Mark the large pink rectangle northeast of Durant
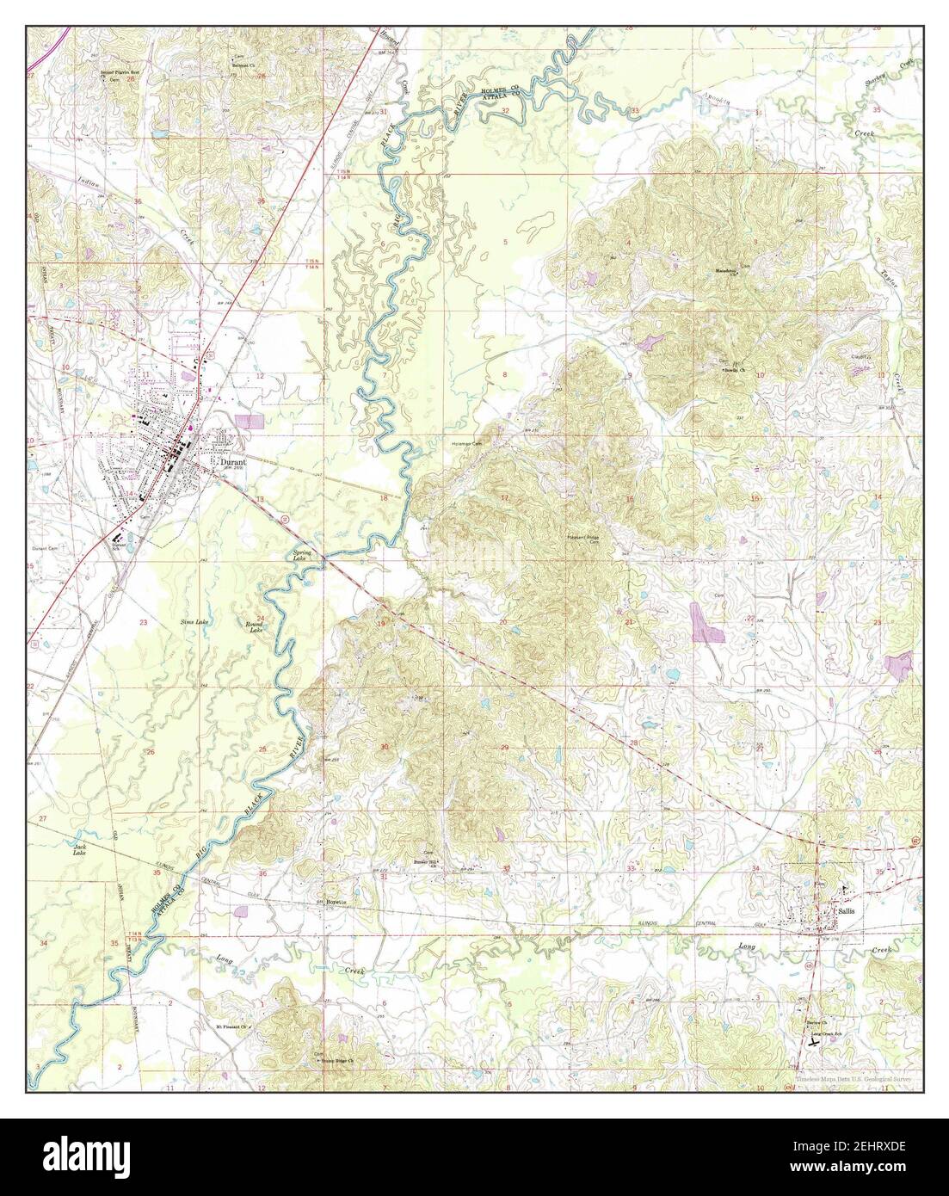coord(250,422)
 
